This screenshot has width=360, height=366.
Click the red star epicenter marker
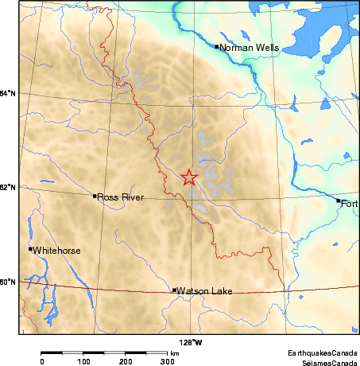click(189, 177)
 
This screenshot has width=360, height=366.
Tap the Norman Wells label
click(250, 48)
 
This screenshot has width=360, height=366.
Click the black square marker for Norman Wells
click(217, 46)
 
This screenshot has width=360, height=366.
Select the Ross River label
click(120, 197)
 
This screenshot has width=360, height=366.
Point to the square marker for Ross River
click(95, 196)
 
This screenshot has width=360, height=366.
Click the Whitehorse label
click(57, 251)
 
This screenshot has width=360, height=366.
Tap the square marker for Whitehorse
click(30, 249)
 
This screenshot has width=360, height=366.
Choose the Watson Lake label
click(204, 291)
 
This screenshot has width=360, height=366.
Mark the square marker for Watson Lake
click(174, 290)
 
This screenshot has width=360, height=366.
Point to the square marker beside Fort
click(338, 201)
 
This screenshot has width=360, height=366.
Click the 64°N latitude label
click(8, 95)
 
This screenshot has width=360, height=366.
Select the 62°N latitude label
click(8, 188)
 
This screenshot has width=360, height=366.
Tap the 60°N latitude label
click(8, 282)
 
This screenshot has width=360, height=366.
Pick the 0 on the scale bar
click(41, 361)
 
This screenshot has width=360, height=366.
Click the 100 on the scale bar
click(84, 361)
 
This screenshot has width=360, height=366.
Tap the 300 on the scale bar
click(168, 361)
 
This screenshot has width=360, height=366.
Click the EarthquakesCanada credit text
click(323, 351)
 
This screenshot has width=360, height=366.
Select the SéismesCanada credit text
click(326, 360)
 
